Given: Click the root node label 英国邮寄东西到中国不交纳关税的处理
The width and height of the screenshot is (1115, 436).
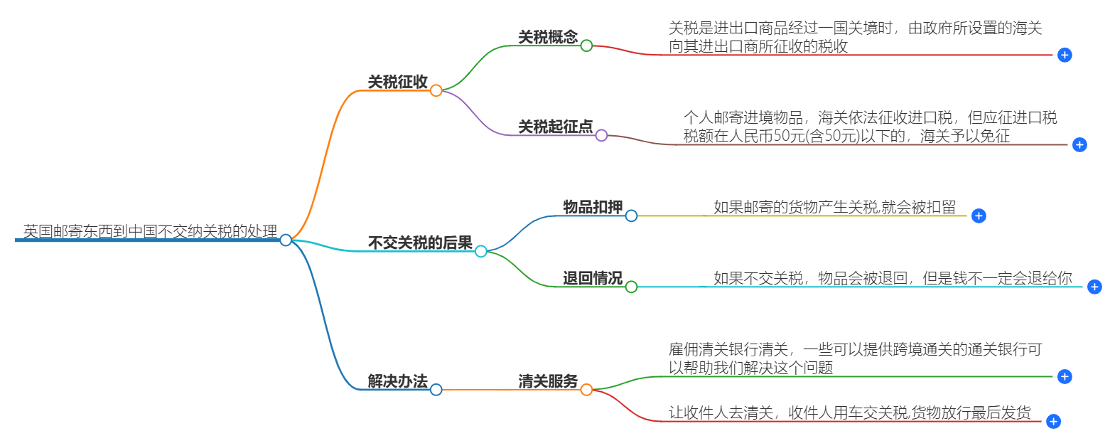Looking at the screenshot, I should (150, 231).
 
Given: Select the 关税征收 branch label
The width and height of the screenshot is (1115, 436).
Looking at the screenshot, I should (397, 82).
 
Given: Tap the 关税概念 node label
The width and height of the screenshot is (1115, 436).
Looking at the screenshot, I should (547, 37).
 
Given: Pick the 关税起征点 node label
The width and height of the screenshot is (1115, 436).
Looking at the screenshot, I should (555, 127).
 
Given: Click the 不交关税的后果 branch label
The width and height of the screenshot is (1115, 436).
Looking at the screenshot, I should (420, 243).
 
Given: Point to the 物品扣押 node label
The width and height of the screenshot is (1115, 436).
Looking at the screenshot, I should (593, 207).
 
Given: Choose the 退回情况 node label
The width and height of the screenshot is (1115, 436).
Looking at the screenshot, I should (593, 278).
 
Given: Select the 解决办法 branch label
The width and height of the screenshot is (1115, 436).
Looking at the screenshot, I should (397, 381).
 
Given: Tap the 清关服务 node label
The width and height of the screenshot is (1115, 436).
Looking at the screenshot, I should (547, 381).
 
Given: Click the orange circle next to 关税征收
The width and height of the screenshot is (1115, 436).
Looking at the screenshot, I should (436, 90).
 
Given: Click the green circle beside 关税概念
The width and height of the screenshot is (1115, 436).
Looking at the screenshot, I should (586, 46).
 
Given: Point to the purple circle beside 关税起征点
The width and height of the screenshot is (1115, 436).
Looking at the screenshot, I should (601, 135).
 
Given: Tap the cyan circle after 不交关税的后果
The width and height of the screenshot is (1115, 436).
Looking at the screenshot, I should (481, 251).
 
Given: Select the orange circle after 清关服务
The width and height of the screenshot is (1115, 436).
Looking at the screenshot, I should (586, 390).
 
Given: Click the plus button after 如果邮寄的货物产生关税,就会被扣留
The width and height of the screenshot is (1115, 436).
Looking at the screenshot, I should (979, 216).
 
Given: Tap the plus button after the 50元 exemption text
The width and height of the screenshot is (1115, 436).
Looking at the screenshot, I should (1079, 144).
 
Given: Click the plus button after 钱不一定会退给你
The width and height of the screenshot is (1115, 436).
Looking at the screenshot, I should (1094, 287).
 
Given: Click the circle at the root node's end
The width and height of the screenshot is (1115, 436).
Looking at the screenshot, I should (286, 240).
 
